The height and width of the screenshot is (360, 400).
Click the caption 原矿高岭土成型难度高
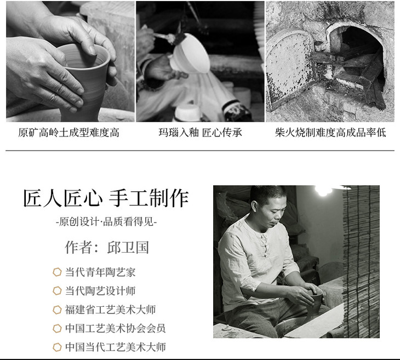pyautogui.click(x=68, y=133)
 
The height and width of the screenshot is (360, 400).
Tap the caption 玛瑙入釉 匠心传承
pyautogui.click(x=200, y=133)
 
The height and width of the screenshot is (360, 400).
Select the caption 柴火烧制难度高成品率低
pyautogui.click(x=330, y=133)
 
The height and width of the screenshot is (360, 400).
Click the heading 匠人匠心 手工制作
pyautogui.click(x=106, y=198)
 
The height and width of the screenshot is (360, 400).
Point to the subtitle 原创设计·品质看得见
pyautogui.click(x=106, y=221)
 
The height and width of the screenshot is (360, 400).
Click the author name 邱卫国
pyautogui.click(x=128, y=247)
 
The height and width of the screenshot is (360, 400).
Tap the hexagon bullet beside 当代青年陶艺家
pyautogui.click(x=57, y=272)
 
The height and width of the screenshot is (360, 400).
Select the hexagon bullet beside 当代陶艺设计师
pyautogui.click(x=57, y=290)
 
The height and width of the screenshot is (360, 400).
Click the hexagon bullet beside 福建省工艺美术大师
pyautogui.click(x=57, y=310)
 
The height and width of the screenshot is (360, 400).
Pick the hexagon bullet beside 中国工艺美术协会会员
pyautogui.click(x=57, y=328)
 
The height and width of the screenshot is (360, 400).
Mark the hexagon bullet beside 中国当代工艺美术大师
pyautogui.click(x=57, y=347)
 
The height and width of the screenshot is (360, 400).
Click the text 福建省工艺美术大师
pyautogui.click(x=110, y=310)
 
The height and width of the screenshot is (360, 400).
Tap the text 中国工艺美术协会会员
pyautogui.click(x=115, y=328)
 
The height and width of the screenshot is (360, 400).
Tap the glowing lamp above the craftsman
pyautogui.click(x=323, y=190)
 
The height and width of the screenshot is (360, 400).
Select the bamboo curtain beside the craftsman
pyautogui.click(x=361, y=261)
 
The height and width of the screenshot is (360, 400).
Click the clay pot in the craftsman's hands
pyautogui.click(x=315, y=304)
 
